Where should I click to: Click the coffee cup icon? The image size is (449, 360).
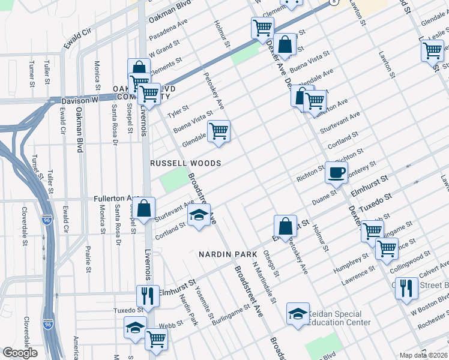pyautogui.click(x=336, y=172)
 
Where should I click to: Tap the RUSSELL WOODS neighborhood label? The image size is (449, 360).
pyautogui.click(x=185, y=163)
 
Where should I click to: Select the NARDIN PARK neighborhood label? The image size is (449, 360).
pyautogui.click(x=224, y=254)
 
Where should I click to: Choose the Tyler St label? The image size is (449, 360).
pyautogui.click(x=178, y=111)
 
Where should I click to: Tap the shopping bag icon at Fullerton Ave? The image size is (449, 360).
pyautogui.click(x=145, y=209)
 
